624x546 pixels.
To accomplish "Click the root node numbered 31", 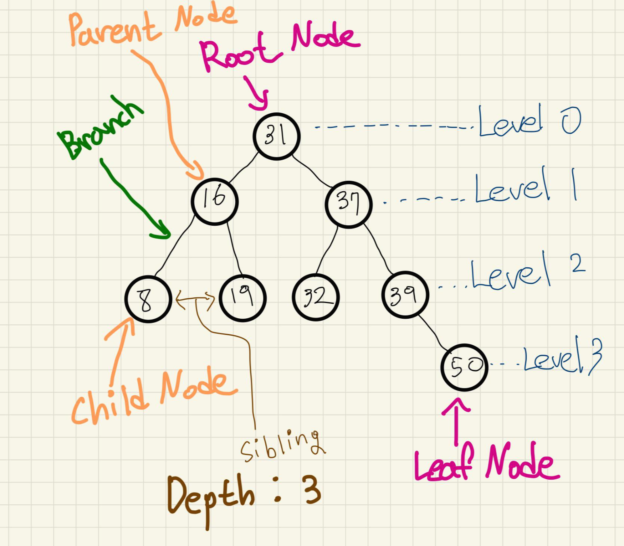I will point(277,136).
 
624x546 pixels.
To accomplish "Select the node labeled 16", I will point(214,201).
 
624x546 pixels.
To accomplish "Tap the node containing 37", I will point(348,204).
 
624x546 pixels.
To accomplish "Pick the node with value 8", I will point(148,299).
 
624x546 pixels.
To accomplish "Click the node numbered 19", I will point(242,298).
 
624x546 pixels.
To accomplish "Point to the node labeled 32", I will point(315,297).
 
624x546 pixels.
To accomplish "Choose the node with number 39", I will point(405,295).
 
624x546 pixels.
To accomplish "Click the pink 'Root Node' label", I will point(279,47).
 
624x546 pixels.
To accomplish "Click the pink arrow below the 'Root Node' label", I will point(256,95).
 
